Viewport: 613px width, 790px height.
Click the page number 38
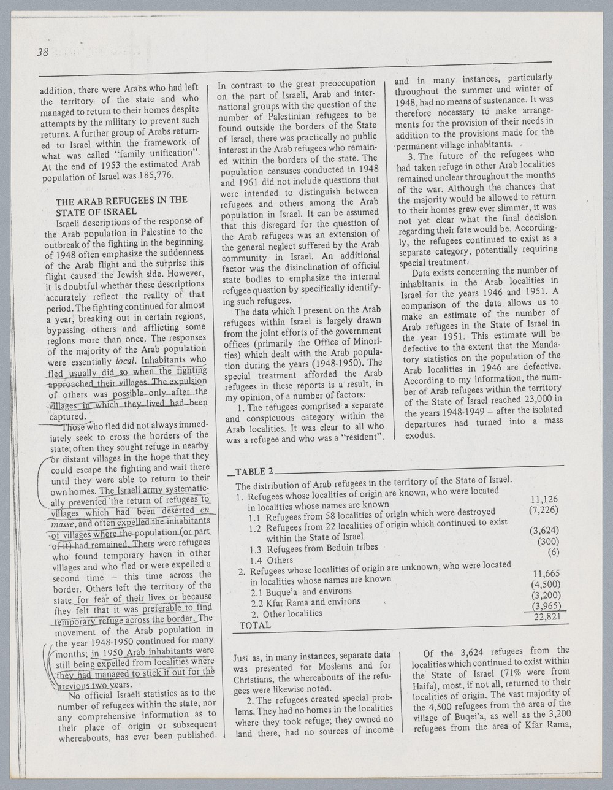click(x=42, y=53)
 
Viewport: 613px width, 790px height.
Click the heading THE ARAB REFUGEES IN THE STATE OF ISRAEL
click(x=121, y=205)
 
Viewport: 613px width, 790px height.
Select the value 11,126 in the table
click(x=543, y=499)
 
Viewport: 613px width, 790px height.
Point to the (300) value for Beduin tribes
click(x=547, y=542)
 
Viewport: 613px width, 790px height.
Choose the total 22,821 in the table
click(x=547, y=616)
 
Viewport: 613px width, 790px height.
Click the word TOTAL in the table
click(x=255, y=625)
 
